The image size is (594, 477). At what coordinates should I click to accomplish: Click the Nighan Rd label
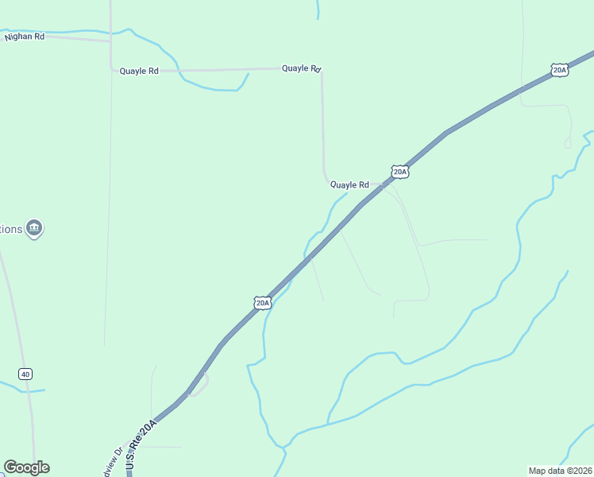pos(24,37)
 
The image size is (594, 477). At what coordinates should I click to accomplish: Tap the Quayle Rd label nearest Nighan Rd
pos(139,71)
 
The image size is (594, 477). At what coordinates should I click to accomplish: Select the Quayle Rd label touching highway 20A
pos(349,184)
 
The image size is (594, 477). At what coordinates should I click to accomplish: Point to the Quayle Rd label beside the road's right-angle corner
pos(301,68)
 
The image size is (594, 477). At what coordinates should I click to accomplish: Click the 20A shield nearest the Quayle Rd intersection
pos(399,171)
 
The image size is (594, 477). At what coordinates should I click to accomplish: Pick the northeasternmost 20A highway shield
pos(560,70)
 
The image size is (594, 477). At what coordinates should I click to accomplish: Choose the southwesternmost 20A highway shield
pos(263,303)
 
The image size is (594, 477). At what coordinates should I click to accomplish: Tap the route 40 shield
pos(26,374)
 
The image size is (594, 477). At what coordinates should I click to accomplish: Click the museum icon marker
pos(34,229)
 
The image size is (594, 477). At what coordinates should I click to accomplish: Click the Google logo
pos(26,467)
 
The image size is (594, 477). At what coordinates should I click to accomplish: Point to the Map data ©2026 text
pos(560,471)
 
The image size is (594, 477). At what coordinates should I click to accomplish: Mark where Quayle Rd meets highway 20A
pos(383,185)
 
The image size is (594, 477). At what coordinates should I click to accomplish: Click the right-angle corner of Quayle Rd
pos(321,71)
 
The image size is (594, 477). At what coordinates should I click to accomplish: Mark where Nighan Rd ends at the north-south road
pos(110,41)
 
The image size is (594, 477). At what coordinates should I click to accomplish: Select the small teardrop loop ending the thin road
pos(568,143)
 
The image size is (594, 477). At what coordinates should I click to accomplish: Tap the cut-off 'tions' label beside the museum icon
pos(11,229)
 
